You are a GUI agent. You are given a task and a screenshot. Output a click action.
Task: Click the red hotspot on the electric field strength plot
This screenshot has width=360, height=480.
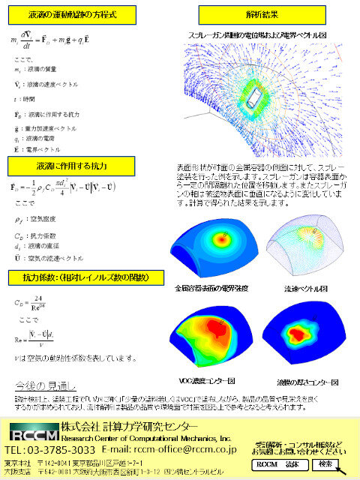pyautogui.click(x=223, y=238)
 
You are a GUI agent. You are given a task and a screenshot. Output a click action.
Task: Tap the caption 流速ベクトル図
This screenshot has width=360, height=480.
pyautogui.click(x=304, y=286)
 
